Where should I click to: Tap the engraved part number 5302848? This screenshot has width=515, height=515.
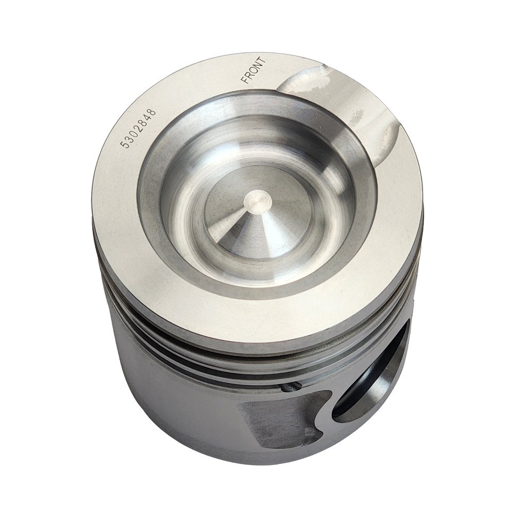138,129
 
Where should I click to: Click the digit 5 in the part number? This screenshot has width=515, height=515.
124,144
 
